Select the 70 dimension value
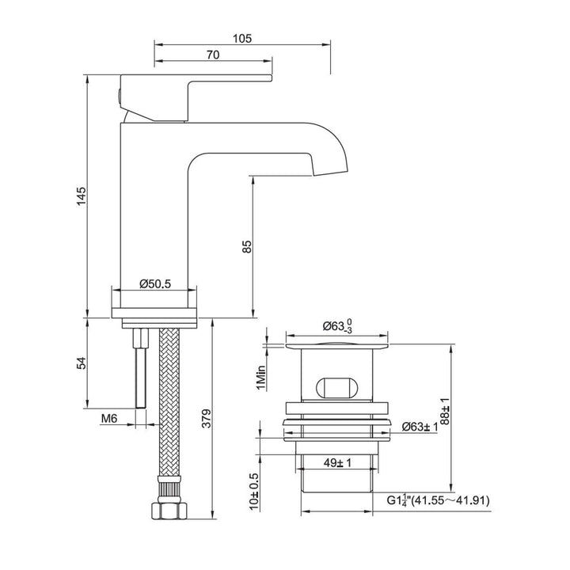point(211,55)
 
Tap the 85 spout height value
point(247,246)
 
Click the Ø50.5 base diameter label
point(156,283)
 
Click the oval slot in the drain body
point(336,387)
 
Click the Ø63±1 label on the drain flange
point(420,427)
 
